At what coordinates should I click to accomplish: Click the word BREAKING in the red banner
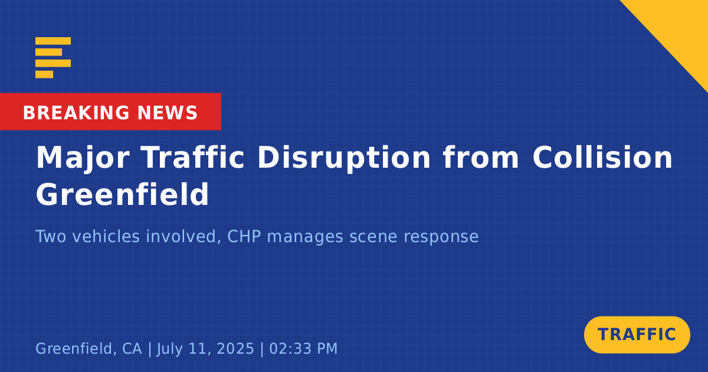pos(76,113)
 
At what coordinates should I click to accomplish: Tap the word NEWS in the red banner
pos(168,113)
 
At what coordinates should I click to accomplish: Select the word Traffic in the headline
pos(193,157)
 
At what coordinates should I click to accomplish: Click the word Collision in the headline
pos(602,157)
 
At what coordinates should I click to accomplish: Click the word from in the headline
pos(481,157)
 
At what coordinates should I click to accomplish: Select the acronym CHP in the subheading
pos(244,236)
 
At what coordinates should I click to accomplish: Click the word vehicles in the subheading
pos(106,236)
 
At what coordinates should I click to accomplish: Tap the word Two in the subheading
pos(51,236)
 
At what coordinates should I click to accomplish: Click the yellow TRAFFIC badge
pos(637,335)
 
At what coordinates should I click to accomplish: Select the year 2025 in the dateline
pos(235,348)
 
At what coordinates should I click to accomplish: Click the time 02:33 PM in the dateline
pos(303,348)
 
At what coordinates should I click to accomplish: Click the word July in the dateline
pos(170,349)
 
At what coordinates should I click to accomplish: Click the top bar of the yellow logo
pos(53,41)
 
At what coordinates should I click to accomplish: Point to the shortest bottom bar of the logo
pos(44,74)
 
